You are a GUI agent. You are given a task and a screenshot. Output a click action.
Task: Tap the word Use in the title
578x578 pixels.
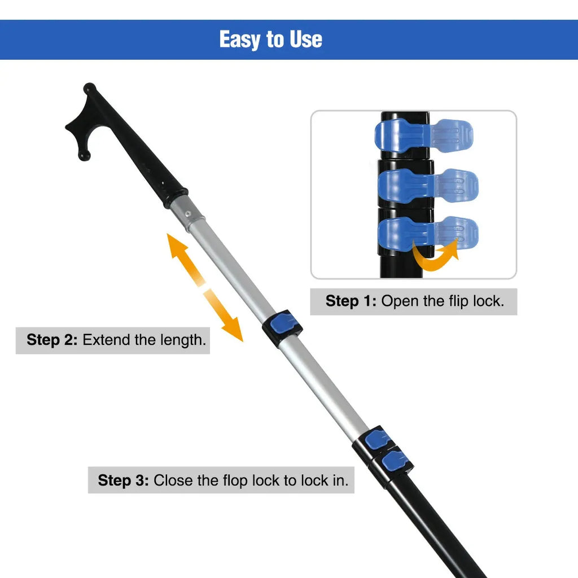click(x=306, y=40)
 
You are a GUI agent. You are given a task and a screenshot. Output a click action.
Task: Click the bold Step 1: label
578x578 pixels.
click(x=351, y=301)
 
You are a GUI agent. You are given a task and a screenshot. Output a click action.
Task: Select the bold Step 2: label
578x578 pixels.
click(x=52, y=340)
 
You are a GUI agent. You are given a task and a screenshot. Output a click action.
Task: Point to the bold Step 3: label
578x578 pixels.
click(x=123, y=480)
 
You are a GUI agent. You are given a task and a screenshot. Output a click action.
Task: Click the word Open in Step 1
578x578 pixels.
click(x=399, y=301)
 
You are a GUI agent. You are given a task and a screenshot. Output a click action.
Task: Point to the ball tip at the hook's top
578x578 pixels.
click(x=89, y=89)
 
